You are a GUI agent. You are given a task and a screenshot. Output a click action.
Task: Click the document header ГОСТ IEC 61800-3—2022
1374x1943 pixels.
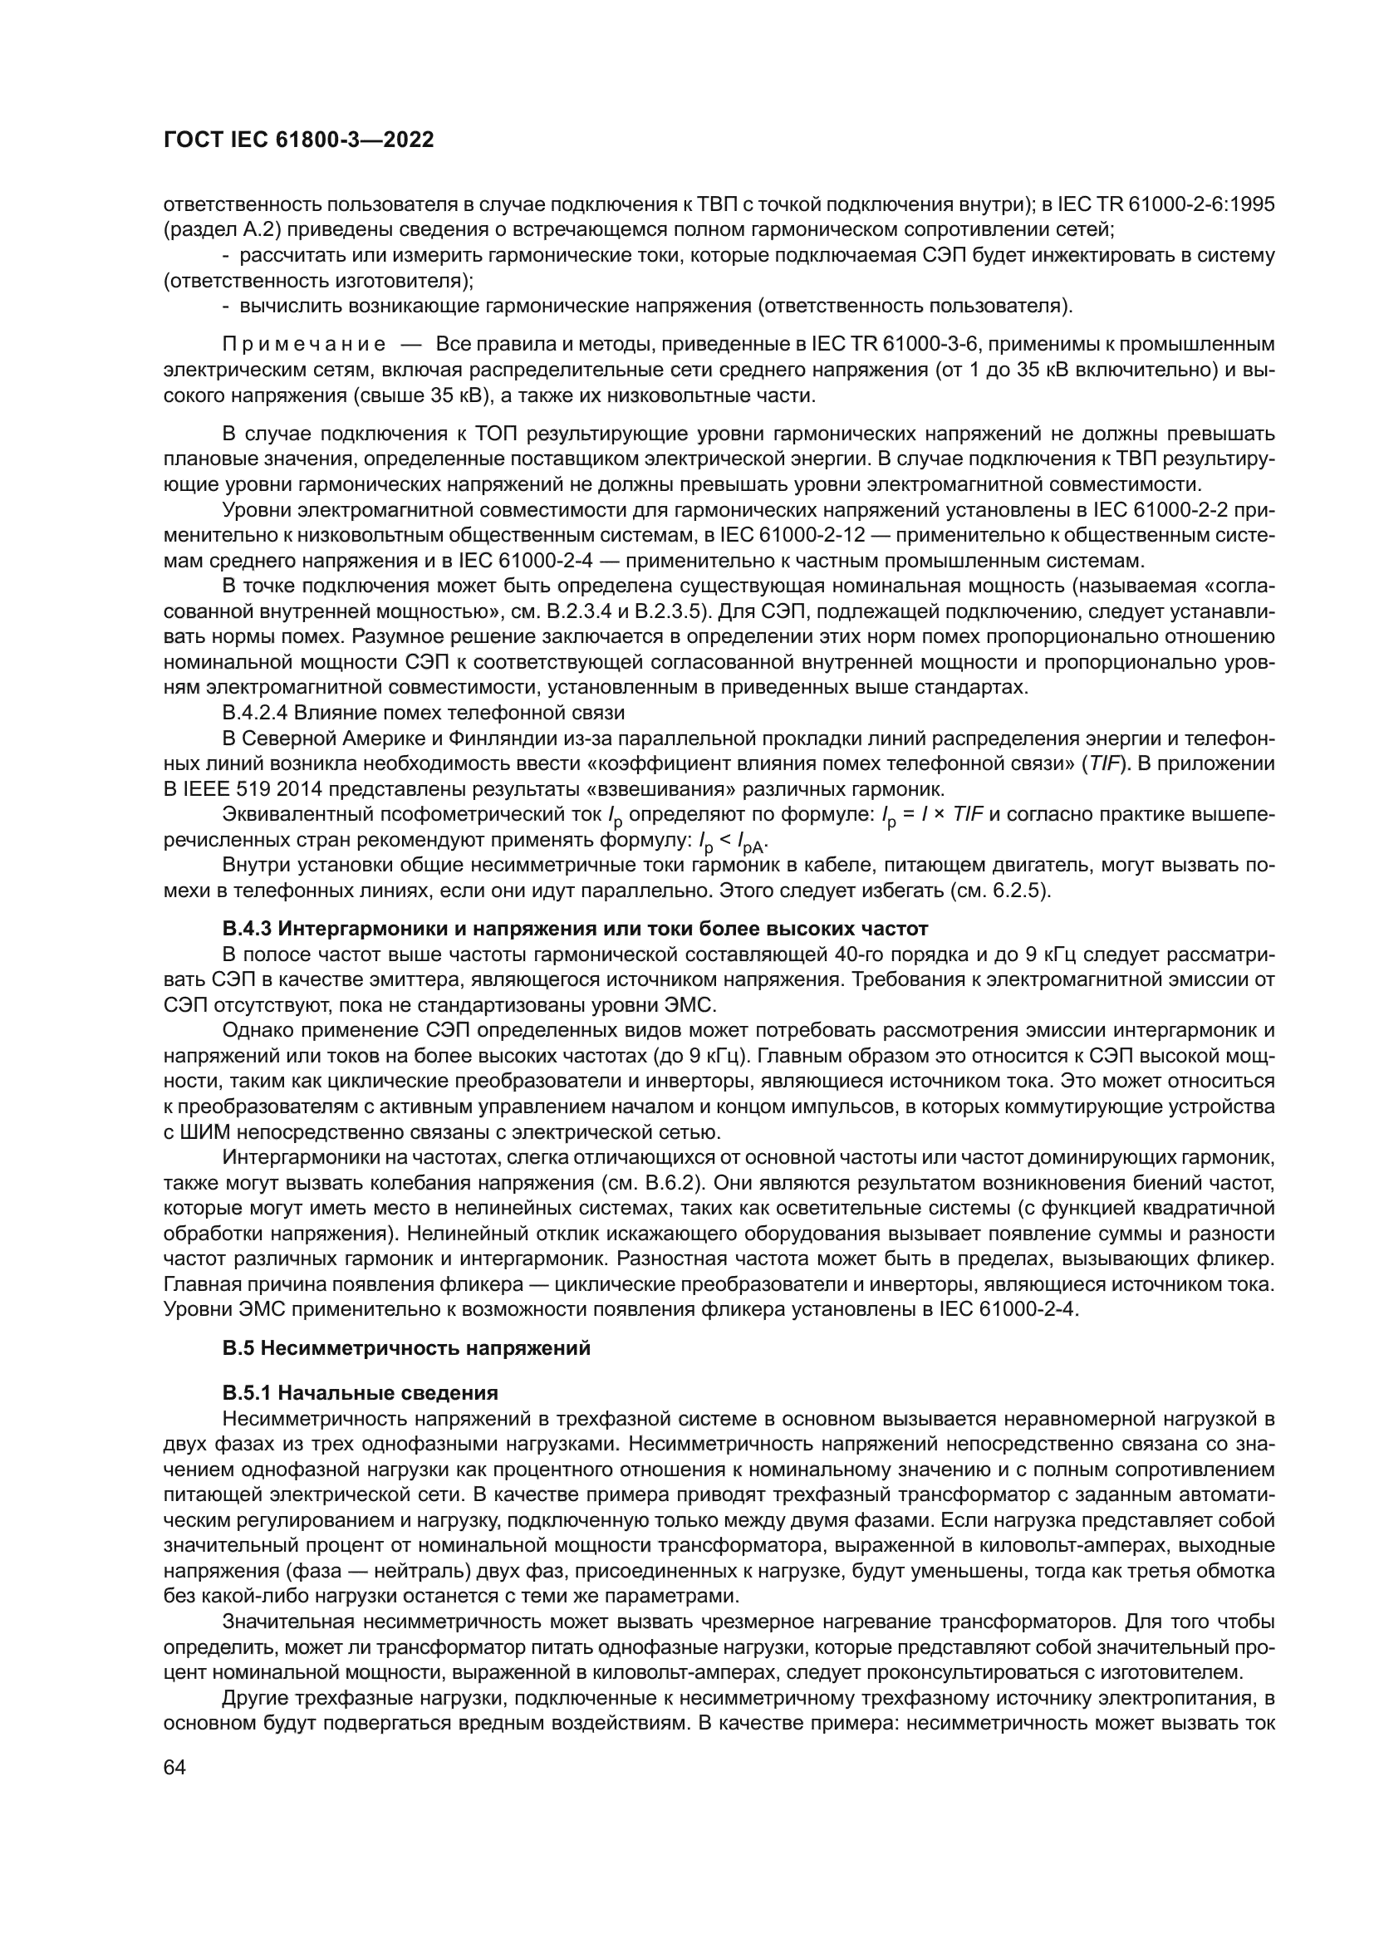[298, 140]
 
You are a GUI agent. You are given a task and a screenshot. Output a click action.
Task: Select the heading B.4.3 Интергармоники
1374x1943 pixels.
[576, 930]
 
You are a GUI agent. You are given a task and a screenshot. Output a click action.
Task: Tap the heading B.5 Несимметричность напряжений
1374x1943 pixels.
[406, 1348]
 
